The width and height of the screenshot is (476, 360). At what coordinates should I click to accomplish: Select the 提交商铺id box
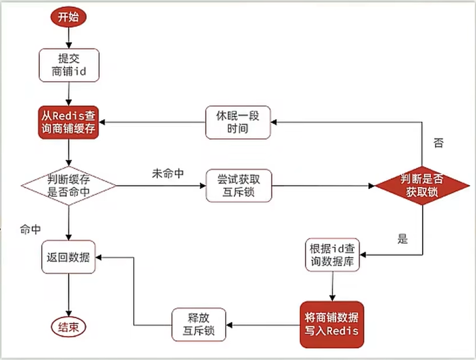(x=69, y=65)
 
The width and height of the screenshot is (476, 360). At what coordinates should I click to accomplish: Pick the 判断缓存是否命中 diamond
(x=69, y=184)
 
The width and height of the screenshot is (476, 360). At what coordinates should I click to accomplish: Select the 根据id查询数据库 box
(x=334, y=256)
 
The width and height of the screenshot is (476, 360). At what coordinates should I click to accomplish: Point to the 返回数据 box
(x=69, y=256)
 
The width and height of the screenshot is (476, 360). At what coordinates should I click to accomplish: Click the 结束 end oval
(x=69, y=327)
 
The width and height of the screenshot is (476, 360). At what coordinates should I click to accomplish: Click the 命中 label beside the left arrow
(x=31, y=229)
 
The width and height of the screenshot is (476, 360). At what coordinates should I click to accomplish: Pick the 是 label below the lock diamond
(x=402, y=239)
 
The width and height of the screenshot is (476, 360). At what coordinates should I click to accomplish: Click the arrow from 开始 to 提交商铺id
(x=69, y=39)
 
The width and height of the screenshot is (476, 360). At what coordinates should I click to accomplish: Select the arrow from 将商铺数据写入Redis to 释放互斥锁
(x=261, y=325)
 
